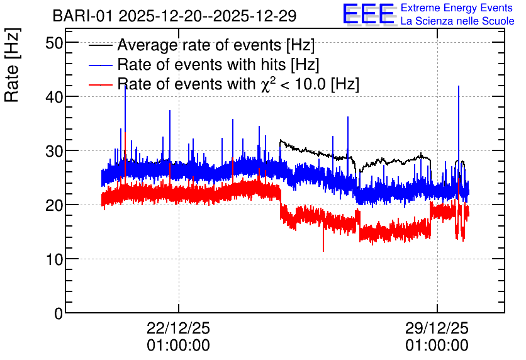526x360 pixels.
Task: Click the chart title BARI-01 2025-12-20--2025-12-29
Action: pyautogui.click(x=174, y=16)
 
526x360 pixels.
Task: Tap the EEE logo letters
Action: pyautogui.click(x=369, y=14)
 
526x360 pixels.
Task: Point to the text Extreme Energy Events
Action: pyautogui.click(x=457, y=8)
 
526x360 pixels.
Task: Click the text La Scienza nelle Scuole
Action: pyautogui.click(x=457, y=21)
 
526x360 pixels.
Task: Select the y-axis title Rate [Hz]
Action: pyautogui.click(x=12, y=65)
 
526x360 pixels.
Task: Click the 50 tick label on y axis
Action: pyautogui.click(x=54, y=43)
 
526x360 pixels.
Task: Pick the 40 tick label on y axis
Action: pyautogui.click(x=54, y=97)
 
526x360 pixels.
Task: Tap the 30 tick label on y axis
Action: pyautogui.click(x=54, y=151)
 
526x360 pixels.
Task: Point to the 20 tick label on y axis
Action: pyautogui.click(x=54, y=205)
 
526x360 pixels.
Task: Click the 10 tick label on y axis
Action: pyautogui.click(x=54, y=259)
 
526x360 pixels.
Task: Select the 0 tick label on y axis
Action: pyautogui.click(x=59, y=313)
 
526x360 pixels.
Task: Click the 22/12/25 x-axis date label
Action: pyautogui.click(x=179, y=328)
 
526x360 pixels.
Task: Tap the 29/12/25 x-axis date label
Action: pyautogui.click(x=437, y=328)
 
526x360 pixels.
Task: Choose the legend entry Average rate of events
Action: pyautogui.click(x=216, y=45)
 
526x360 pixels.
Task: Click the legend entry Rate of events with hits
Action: pyautogui.click(x=218, y=64)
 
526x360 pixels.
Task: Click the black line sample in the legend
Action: pyautogui.click(x=100, y=45)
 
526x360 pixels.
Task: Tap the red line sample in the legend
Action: pyautogui.click(x=100, y=84)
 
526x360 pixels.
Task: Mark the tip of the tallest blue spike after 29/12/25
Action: pyautogui.click(x=459, y=86)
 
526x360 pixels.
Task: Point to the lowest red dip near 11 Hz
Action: pyautogui.click(x=323, y=251)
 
